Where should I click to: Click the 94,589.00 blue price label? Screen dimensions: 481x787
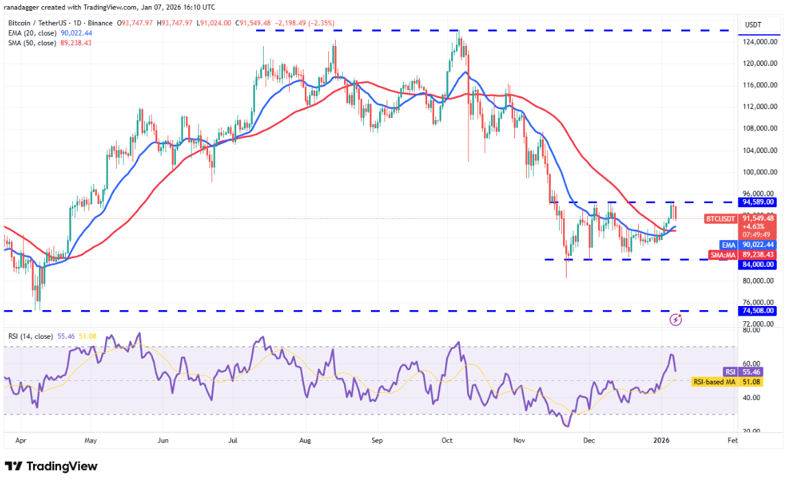click(x=757, y=202)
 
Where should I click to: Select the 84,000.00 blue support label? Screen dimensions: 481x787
click(x=757, y=264)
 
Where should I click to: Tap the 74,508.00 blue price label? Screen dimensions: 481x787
click(x=757, y=311)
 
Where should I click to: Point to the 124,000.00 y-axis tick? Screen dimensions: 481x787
click(x=760, y=42)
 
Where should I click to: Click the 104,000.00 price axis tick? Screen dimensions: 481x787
click(x=760, y=150)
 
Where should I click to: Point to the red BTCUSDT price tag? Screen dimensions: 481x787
click(x=720, y=219)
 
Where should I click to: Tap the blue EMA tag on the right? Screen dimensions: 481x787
click(x=728, y=244)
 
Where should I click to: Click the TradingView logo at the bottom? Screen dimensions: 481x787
click(x=52, y=467)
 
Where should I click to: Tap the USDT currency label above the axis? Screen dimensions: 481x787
click(x=755, y=25)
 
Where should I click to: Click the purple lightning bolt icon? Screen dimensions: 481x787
click(x=676, y=319)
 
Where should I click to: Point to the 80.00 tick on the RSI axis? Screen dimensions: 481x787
click(x=752, y=330)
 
